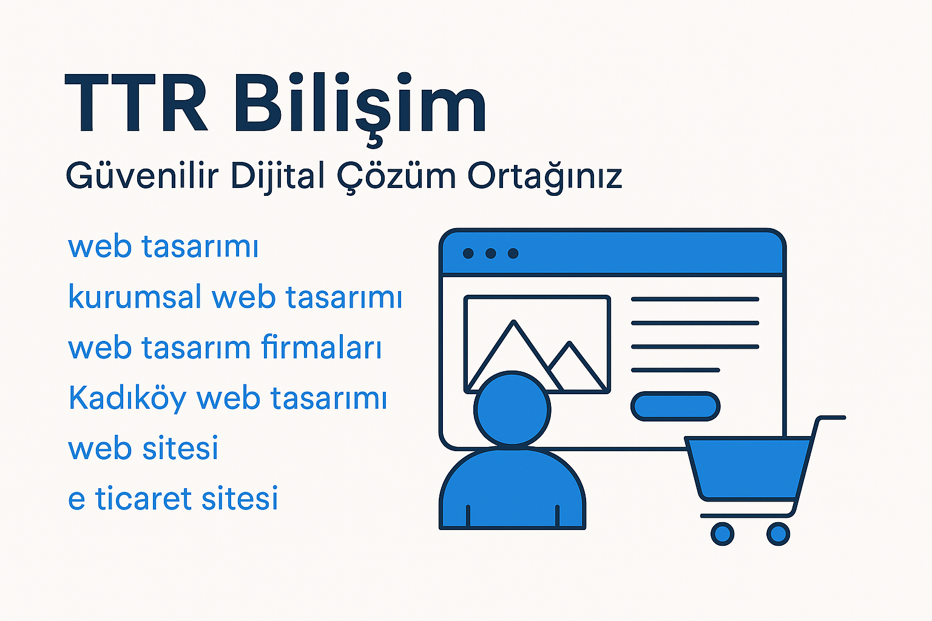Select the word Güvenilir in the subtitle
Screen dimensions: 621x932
pyautogui.click(x=141, y=176)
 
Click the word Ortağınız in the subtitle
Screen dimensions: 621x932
pyautogui.click(x=545, y=176)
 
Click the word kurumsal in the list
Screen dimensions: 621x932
pyautogui.click(x=135, y=297)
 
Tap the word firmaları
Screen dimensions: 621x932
pyautogui.click(x=322, y=347)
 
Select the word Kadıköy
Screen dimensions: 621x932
pyautogui.click(x=127, y=399)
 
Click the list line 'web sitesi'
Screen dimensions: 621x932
pyautogui.click(x=143, y=449)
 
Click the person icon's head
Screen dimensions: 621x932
pyautogui.click(x=512, y=409)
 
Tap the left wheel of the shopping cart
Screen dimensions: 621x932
pyautogui.click(x=722, y=534)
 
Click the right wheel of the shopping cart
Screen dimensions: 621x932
pyautogui.click(x=778, y=534)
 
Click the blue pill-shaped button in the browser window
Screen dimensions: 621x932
pyautogui.click(x=675, y=406)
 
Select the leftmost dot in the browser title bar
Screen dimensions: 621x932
pyautogui.click(x=468, y=253)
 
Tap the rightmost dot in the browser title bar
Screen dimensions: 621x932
pyautogui.click(x=513, y=253)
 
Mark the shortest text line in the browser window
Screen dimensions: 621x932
pyautogui.click(x=675, y=370)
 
